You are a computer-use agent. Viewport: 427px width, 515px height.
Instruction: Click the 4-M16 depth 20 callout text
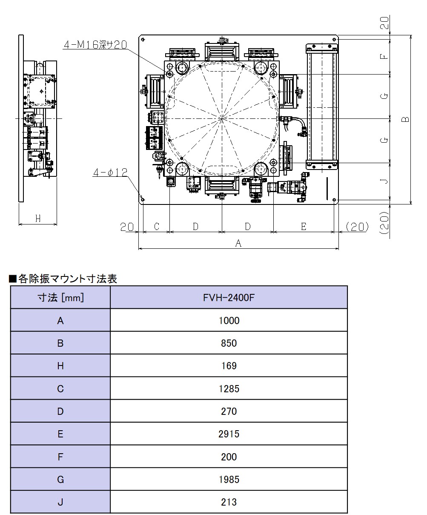[95, 45]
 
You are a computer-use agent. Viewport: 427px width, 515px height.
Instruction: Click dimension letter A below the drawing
[238, 243]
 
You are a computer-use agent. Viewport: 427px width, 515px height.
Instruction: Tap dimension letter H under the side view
[38, 219]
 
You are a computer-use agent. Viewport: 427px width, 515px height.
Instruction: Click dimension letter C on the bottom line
[156, 227]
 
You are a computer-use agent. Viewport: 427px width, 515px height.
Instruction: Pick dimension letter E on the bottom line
[304, 227]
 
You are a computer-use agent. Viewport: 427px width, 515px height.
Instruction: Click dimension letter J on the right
[384, 181]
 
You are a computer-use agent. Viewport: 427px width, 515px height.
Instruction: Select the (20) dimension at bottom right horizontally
[356, 227]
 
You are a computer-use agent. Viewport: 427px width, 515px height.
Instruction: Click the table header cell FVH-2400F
[229, 297]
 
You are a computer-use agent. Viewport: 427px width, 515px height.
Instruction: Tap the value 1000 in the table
[229, 320]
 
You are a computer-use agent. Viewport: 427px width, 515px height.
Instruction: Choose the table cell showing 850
[229, 343]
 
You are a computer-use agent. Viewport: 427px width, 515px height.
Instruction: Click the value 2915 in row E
[229, 434]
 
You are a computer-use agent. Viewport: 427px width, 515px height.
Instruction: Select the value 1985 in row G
[229, 480]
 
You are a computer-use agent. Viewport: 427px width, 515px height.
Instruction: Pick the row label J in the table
[60, 502]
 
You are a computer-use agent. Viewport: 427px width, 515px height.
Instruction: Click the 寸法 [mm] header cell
[60, 297]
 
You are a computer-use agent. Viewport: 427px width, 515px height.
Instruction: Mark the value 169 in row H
[229, 366]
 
